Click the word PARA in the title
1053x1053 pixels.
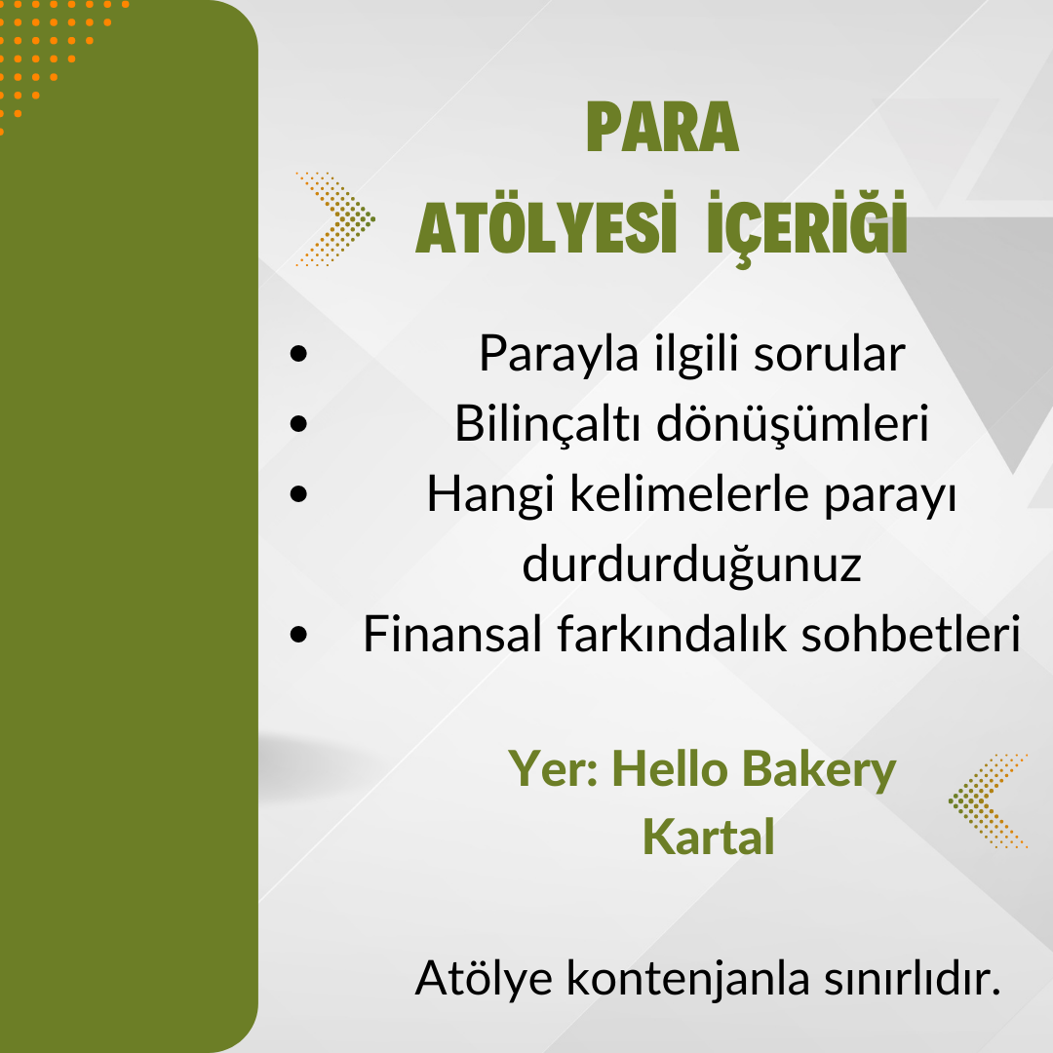pos(663,127)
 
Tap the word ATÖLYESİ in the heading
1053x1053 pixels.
pos(545,225)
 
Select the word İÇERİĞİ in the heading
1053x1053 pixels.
pos(807,228)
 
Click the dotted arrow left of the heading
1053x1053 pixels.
pos(335,219)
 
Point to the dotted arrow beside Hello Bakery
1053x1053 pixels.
pos(987,800)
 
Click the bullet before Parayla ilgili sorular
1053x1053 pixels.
pos(299,354)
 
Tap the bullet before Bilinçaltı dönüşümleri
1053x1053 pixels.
pos(299,424)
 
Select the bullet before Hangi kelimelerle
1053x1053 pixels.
pos(299,493)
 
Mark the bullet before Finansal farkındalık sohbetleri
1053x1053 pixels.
pos(299,634)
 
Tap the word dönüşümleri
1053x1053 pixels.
pos(793,424)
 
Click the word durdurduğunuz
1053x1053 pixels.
pos(691,565)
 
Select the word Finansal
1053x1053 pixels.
pos(452,634)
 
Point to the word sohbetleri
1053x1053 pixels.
pos(911,634)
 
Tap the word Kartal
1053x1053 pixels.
pos(709,838)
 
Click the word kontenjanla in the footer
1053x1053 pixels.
pos(688,980)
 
